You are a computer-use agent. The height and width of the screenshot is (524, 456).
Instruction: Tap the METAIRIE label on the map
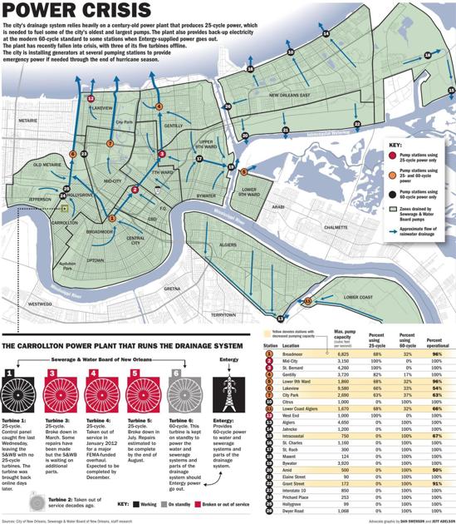pos(28,121)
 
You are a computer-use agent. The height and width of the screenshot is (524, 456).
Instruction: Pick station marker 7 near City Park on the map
pos(110,144)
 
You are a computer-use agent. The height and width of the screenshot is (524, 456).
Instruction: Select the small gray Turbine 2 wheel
pos(32,481)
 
